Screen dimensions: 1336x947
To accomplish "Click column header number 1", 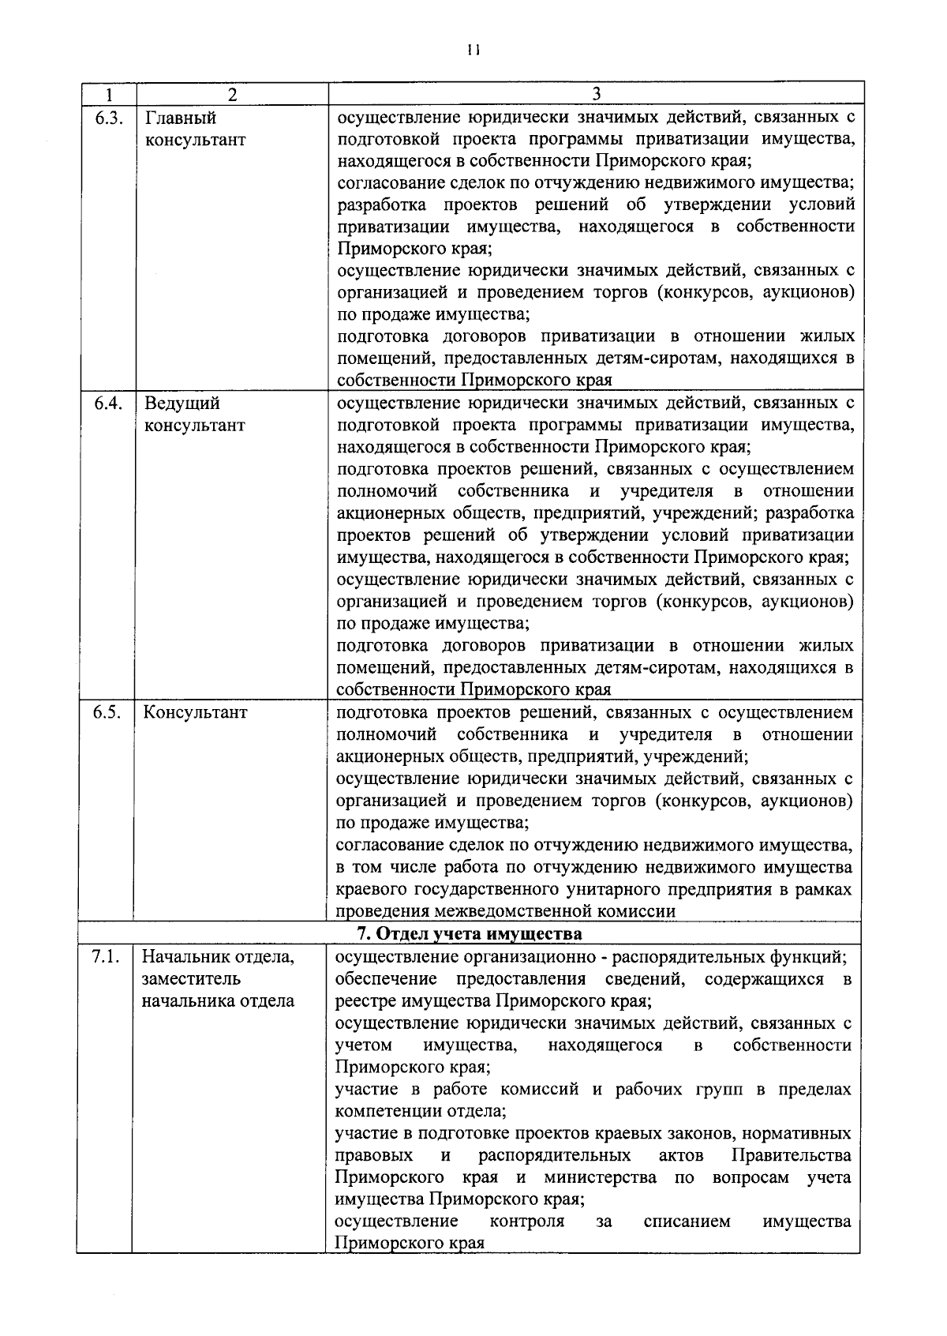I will click(x=107, y=94).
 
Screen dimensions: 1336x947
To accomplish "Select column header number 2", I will click(x=232, y=94).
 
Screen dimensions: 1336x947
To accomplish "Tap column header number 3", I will click(x=597, y=94).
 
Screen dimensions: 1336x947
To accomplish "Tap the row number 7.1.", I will click(x=106, y=957).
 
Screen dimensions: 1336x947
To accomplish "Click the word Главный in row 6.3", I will click(x=181, y=118).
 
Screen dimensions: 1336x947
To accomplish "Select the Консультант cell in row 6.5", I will click(x=195, y=712).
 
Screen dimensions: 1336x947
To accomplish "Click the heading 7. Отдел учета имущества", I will click(x=470, y=934).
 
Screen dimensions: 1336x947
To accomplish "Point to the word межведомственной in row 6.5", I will click(x=487, y=911).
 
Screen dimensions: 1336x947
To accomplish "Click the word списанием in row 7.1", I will click(x=687, y=1222).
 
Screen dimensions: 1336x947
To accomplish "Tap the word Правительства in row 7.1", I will click(x=792, y=1155).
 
